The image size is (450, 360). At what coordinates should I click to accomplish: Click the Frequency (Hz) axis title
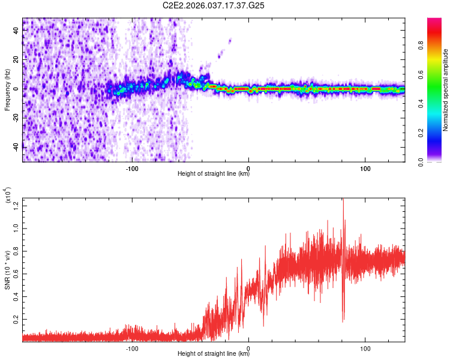[x=7, y=90]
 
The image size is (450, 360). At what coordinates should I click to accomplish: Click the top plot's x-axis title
[x=214, y=174]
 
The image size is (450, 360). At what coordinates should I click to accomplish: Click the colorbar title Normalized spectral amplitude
[x=446, y=90]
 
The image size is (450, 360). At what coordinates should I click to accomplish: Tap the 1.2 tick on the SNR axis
[x=16, y=206]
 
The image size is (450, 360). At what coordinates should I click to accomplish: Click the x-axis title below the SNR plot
[x=214, y=353]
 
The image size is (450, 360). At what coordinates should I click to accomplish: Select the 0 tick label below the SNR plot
[x=248, y=347]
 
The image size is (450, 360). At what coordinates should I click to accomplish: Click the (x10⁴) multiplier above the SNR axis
[x=8, y=196]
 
